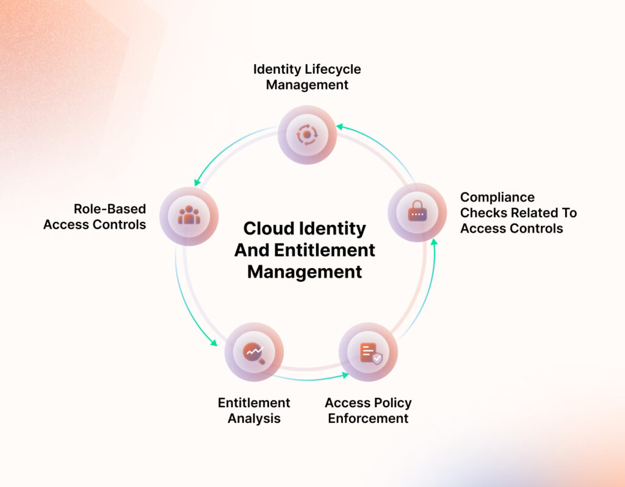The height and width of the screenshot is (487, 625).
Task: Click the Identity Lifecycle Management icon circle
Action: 307,134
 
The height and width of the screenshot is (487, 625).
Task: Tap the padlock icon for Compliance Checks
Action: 417,213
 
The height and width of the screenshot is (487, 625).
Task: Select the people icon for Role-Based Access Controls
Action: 189,216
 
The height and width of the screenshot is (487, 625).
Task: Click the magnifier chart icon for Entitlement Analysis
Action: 253,352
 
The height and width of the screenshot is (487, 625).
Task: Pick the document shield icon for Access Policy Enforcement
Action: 368,352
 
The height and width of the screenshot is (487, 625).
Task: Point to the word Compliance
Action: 497,197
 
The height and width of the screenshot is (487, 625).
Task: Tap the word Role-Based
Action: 110,209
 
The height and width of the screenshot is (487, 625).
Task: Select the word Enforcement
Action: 368,419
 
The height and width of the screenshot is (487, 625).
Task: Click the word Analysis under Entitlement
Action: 254,419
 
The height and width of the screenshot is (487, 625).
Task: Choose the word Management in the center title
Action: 305,271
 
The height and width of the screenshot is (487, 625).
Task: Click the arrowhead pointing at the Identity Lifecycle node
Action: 339,127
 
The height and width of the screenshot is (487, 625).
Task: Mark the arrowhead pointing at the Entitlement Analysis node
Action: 214,343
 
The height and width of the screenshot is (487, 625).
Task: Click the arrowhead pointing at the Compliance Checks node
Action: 434,243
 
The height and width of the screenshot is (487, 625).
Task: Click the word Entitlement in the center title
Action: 333,250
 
